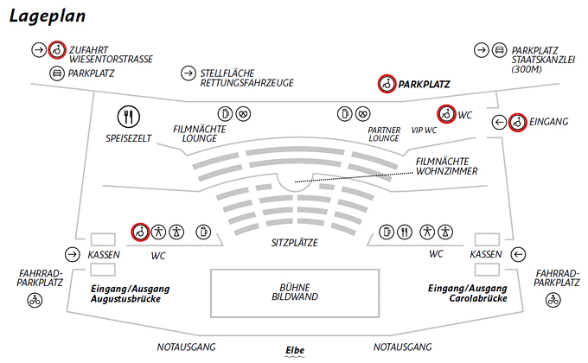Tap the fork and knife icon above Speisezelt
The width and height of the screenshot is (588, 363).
tap(129, 117)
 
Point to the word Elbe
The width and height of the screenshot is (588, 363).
tap(295, 347)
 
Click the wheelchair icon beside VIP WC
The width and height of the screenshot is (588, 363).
tap(445, 112)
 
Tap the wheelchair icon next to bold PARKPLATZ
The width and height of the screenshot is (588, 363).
tap(387, 84)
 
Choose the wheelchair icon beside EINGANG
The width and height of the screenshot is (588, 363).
tap(517, 122)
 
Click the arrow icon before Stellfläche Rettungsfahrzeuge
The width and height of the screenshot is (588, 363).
tap(188, 73)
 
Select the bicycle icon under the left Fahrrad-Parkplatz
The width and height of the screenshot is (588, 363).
tap(35, 301)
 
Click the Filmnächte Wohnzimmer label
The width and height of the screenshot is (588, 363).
tap(446, 166)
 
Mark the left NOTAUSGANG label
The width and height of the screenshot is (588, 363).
tap(187, 347)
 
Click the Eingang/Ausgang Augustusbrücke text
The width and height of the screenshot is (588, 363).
tap(130, 292)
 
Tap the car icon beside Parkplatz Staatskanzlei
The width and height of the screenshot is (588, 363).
tap(499, 50)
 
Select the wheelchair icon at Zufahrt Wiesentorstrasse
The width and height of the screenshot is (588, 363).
tap(56, 50)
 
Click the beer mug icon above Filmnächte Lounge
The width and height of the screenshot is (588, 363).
tap(224, 113)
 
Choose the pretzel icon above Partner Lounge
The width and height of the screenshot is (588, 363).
tap(361, 113)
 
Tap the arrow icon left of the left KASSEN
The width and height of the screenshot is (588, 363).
tap(72, 254)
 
